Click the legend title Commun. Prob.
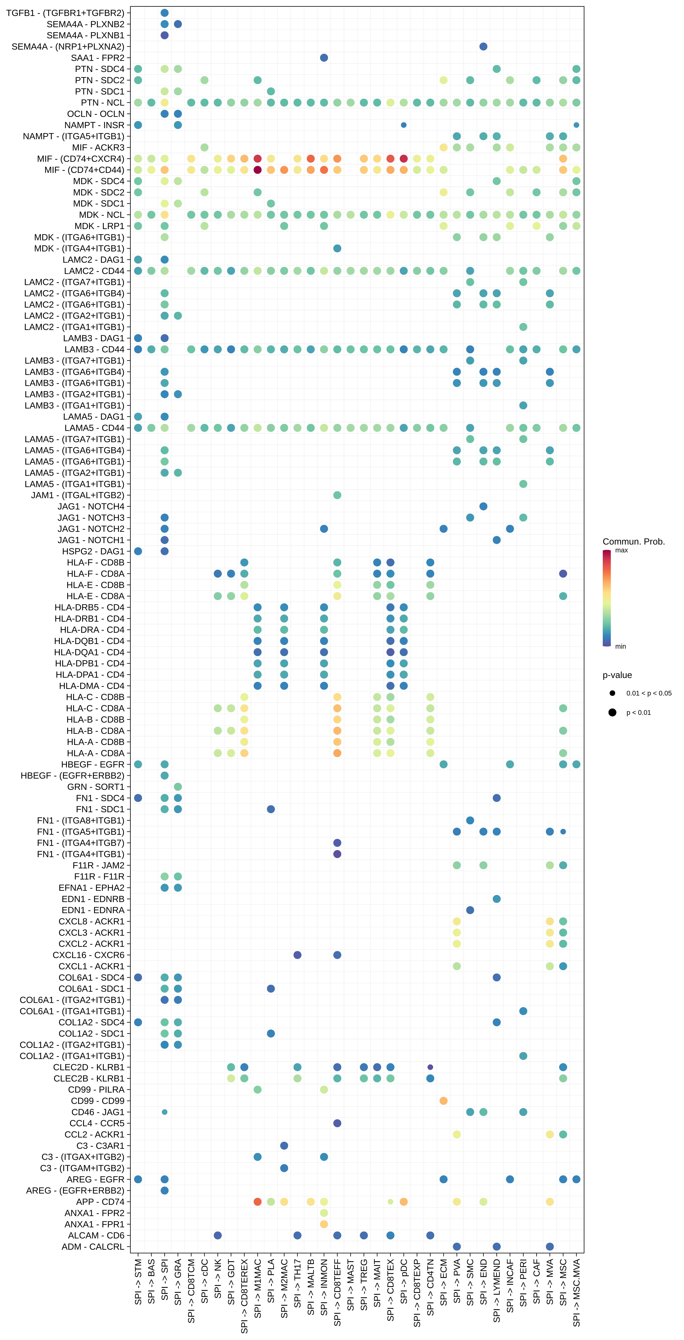coord(634,541)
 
